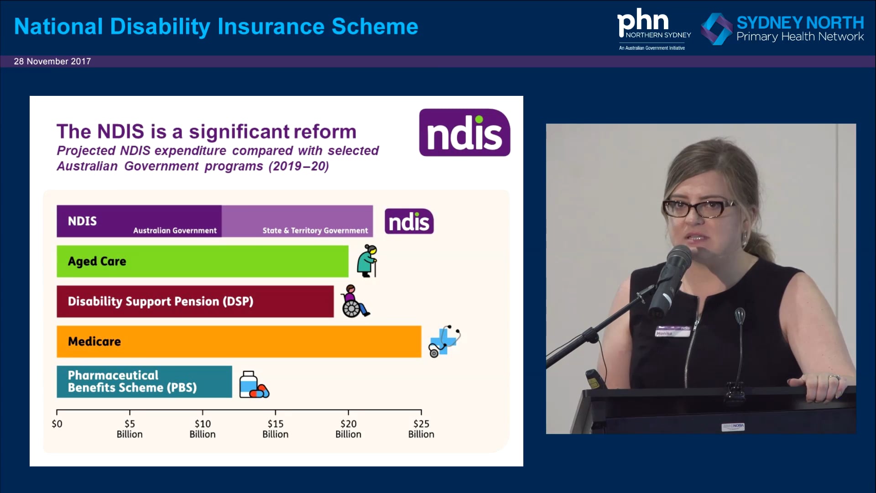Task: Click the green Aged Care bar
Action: tap(202, 261)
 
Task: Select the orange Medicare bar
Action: tap(239, 341)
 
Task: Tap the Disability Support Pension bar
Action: tap(195, 301)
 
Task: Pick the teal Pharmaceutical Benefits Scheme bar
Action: tap(144, 382)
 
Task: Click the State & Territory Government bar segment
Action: tap(297, 221)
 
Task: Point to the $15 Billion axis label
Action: tap(275, 429)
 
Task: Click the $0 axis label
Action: tap(57, 424)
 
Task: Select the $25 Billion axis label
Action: tap(421, 429)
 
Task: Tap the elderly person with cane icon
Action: tap(368, 261)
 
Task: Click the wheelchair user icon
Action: tap(354, 301)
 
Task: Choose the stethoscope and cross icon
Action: tap(444, 341)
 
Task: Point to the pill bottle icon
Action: tap(254, 384)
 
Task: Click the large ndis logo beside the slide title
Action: tap(464, 132)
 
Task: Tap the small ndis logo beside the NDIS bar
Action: tap(409, 221)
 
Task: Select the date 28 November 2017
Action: tap(52, 61)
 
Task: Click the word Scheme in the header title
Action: tap(375, 26)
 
